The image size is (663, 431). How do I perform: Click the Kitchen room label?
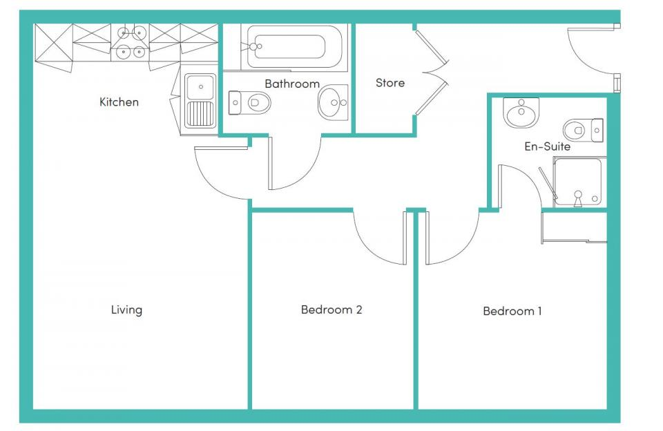119,102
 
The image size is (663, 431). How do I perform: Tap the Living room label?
126,309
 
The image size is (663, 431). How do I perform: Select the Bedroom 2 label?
331,309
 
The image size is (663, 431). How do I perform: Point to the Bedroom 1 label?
512,311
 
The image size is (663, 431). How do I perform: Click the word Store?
390,83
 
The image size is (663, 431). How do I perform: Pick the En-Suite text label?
547,146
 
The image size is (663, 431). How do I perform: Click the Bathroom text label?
292,84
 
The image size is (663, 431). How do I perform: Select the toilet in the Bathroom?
249,103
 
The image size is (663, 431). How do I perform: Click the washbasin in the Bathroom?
333,104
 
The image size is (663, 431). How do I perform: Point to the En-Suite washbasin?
521,112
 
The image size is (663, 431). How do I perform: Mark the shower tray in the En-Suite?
579,181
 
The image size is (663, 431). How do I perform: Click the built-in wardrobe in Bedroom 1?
575,227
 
